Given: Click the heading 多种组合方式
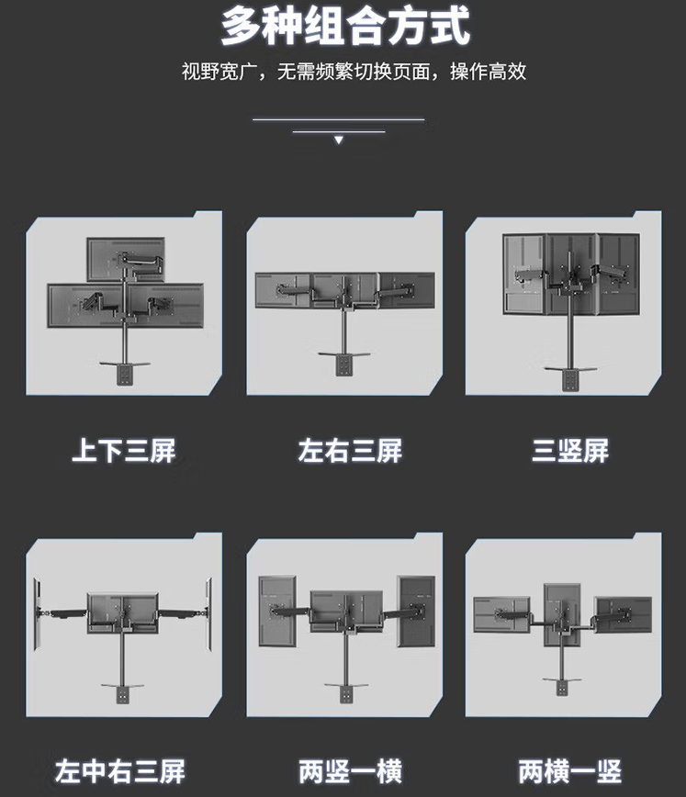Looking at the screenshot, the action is click(x=345, y=27).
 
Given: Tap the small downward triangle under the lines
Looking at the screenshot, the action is click(x=339, y=140).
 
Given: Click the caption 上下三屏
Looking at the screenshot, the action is click(x=124, y=451).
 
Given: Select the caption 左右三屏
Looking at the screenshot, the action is click(x=350, y=451).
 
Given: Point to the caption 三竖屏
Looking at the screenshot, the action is click(x=570, y=451).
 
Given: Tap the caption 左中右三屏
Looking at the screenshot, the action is click(x=120, y=771).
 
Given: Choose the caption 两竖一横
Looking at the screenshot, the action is click(x=350, y=771).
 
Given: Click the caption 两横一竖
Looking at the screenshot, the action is click(x=570, y=771).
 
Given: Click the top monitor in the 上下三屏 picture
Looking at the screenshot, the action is click(x=126, y=259).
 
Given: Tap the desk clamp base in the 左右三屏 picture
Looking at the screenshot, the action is click(x=343, y=363).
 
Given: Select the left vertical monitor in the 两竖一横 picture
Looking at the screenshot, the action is click(x=277, y=611).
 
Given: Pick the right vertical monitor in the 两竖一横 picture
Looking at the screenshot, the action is click(x=416, y=611).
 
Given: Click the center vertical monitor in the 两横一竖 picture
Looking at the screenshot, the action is click(x=562, y=615).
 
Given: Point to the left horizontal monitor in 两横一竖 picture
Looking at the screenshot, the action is click(x=501, y=615).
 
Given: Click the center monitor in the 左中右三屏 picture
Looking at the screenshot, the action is click(x=122, y=612).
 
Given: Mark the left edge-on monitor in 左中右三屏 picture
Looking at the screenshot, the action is click(x=37, y=614).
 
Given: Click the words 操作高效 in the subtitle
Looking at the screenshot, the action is click(x=489, y=72).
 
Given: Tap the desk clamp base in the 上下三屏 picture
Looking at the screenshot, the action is click(x=125, y=373).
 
